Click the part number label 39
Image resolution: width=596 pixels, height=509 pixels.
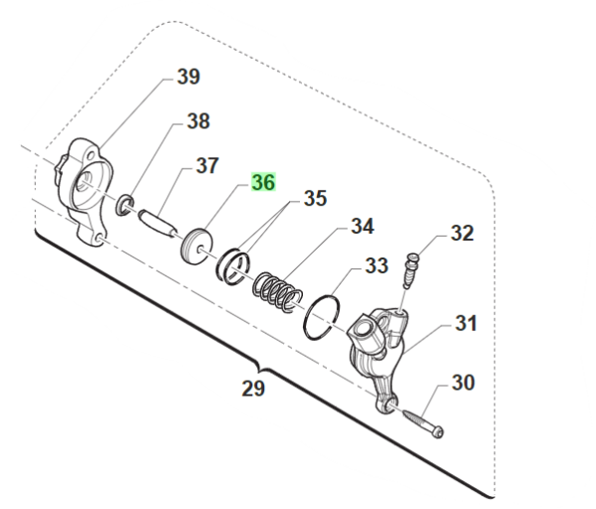[188, 77]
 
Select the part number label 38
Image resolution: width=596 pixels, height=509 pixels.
[198, 122]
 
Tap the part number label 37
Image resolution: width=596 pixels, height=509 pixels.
[207, 165]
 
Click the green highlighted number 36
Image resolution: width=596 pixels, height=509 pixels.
[263, 184]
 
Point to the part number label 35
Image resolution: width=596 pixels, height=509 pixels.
[314, 199]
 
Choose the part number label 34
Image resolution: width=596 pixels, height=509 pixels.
[362, 228]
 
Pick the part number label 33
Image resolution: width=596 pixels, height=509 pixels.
[375, 265]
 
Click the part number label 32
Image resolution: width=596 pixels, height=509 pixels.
[463, 234]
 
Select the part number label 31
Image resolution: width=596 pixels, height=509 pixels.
[466, 323]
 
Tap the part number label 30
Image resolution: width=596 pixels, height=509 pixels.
[464, 382]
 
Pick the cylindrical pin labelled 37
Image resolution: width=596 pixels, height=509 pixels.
[154, 218]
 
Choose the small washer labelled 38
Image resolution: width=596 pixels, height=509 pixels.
[127, 206]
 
